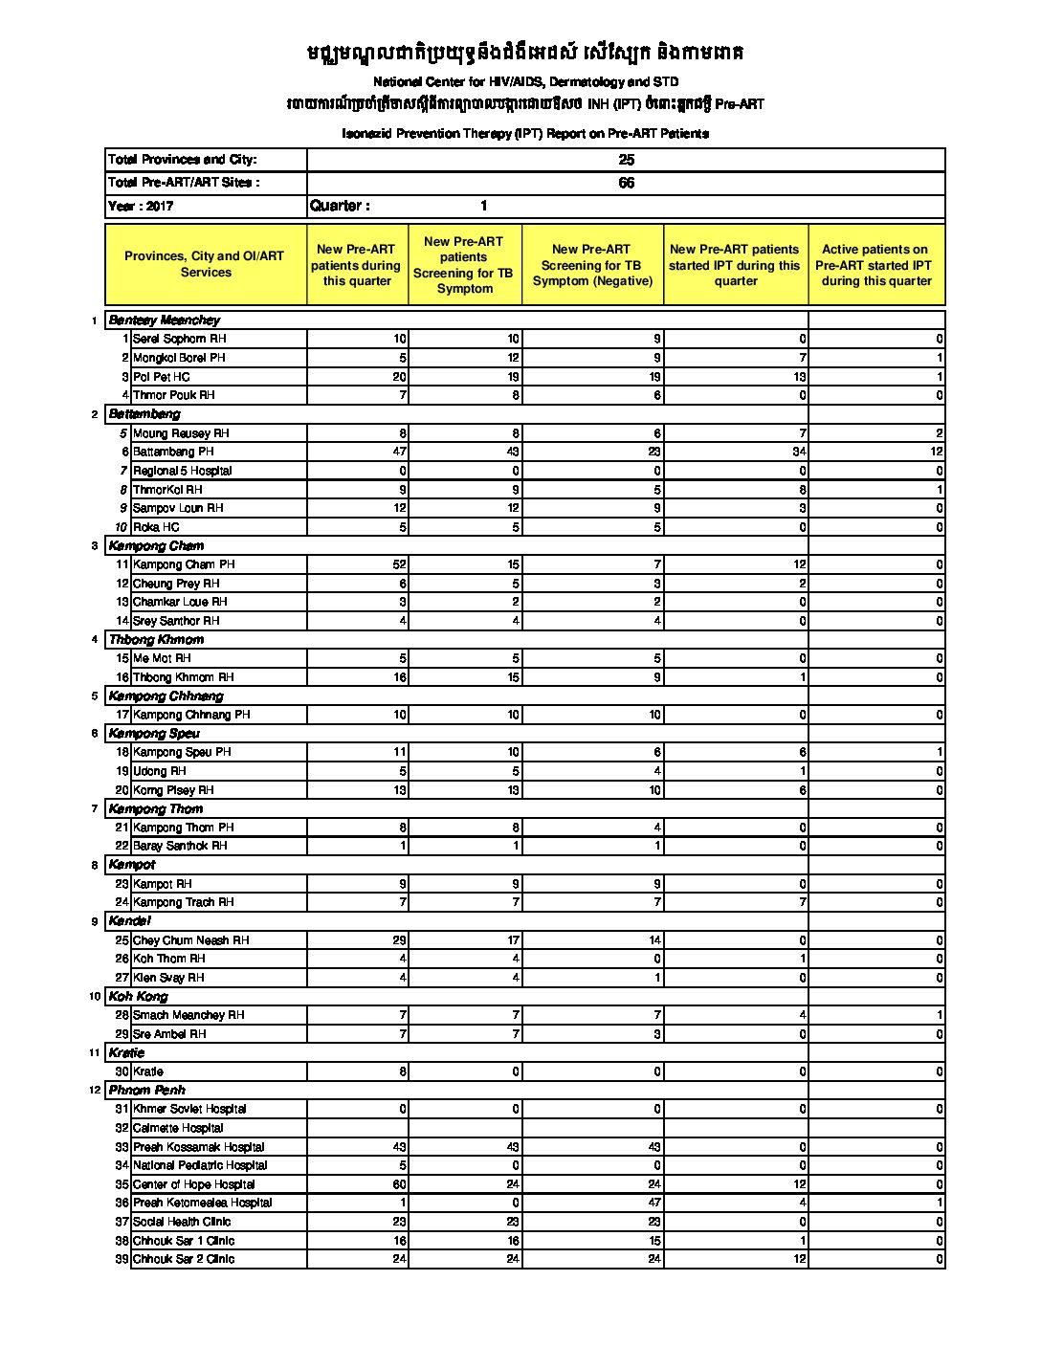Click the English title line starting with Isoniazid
(x=525, y=134)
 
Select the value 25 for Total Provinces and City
(x=626, y=160)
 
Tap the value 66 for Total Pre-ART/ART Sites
(x=626, y=183)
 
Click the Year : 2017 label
(x=141, y=206)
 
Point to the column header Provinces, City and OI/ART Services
(x=205, y=264)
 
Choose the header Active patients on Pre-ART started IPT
(x=875, y=265)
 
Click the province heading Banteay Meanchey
(x=164, y=320)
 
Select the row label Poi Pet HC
(x=162, y=377)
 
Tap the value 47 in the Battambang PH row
(x=399, y=452)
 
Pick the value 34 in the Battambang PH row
(x=799, y=452)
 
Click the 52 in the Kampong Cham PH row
(x=399, y=564)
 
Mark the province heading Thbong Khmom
(x=156, y=639)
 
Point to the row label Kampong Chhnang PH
(x=191, y=715)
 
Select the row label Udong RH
(x=160, y=771)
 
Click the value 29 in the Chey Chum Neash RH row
(x=399, y=940)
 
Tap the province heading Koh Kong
(x=138, y=996)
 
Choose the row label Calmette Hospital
(x=178, y=1128)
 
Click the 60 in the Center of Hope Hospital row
(x=399, y=1184)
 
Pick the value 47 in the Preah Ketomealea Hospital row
(x=654, y=1203)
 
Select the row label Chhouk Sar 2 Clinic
(x=184, y=1259)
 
